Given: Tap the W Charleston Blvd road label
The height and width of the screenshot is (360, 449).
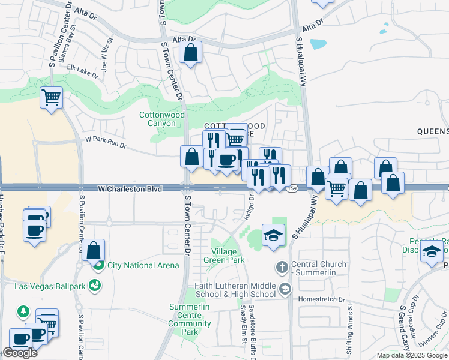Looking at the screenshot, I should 130,189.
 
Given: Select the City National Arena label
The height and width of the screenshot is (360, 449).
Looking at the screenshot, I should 142,265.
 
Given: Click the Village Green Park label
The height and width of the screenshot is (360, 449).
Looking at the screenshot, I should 228,256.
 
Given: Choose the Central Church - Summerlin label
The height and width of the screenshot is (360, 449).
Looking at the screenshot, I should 318,268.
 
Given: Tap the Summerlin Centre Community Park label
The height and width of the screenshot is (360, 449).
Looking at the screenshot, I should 189,319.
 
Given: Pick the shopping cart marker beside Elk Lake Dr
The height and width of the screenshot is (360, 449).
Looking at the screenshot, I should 52,97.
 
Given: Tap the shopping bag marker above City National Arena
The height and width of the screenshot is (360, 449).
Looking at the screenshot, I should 94,250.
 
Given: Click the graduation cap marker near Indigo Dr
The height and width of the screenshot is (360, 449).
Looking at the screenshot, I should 273,236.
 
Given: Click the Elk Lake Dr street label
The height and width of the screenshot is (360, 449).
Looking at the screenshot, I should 82,71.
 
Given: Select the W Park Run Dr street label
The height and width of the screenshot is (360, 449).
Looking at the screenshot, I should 106,142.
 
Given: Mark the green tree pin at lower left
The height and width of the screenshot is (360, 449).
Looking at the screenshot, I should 23,311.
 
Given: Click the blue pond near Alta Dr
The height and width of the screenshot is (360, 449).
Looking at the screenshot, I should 318,44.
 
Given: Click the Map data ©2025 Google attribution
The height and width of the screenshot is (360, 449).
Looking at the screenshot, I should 411,355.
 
